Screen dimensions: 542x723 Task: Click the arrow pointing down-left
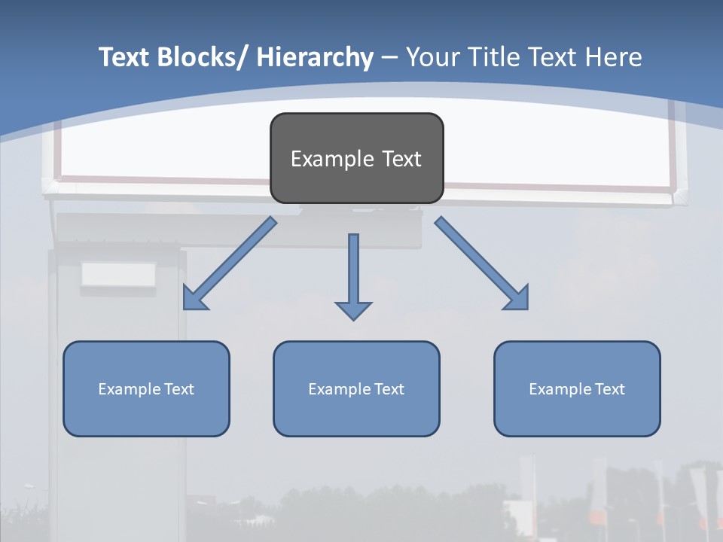pyautogui.click(x=230, y=263)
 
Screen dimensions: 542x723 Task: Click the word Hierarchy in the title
pyautogui.click(x=315, y=57)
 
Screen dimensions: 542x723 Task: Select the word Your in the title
pyautogui.click(x=434, y=57)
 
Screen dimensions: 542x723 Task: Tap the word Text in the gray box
pyautogui.click(x=401, y=159)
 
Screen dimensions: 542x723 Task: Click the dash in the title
pyautogui.click(x=389, y=57)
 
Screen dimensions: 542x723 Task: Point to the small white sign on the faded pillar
pyautogui.click(x=118, y=275)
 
